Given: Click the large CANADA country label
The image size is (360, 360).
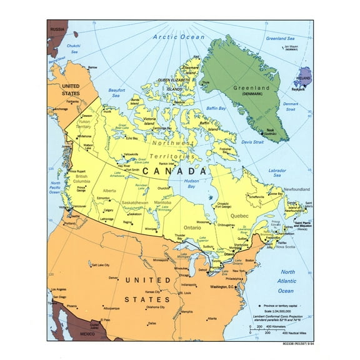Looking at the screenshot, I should tap(168, 170).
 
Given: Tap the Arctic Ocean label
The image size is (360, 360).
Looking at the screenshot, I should tap(179, 37).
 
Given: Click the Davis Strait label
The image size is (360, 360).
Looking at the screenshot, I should tap(252, 142).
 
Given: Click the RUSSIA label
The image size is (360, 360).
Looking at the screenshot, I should tap(58, 29).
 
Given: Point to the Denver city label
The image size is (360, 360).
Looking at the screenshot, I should tap(113, 278).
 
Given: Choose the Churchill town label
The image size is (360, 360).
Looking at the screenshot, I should tap(164, 187).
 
